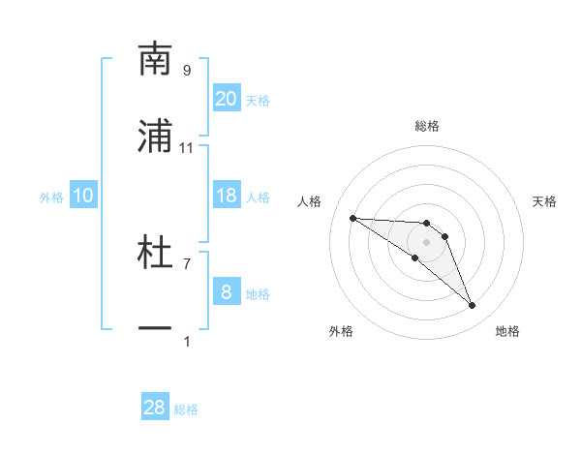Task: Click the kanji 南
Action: point(155,60)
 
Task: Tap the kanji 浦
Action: point(155,137)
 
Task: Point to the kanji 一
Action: point(155,330)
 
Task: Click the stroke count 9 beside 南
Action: point(187,70)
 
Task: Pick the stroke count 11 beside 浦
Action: point(187,147)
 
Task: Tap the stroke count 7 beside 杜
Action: point(187,263)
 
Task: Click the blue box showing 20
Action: point(227,99)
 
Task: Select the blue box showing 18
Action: point(227,196)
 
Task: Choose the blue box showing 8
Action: point(227,292)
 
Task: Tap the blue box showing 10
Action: point(83,196)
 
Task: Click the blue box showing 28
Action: point(155,408)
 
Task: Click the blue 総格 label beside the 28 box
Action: point(187,409)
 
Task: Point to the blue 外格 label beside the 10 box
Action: point(51,197)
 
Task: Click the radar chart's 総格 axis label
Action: point(427,126)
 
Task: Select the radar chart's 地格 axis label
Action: point(507,331)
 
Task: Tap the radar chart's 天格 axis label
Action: point(545,201)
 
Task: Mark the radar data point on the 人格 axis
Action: point(352,218)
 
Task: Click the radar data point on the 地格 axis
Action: point(473,306)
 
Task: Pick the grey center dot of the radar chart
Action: point(427,242)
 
